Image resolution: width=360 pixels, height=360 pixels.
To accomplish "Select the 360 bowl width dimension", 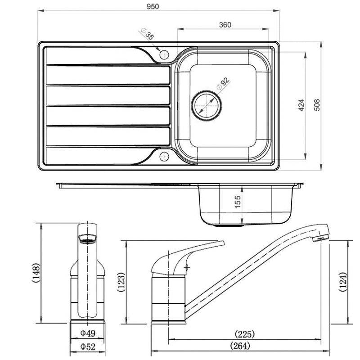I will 225,25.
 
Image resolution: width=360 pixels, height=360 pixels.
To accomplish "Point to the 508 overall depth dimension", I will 317,105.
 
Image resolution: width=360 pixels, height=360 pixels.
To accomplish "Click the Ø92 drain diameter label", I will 223,84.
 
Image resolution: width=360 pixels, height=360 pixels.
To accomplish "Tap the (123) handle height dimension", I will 121,282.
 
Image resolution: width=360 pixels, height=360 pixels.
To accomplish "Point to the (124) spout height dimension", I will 343,282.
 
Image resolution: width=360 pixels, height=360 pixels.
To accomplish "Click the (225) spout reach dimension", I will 245,334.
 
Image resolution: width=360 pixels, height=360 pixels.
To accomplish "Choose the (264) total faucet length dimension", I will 239,346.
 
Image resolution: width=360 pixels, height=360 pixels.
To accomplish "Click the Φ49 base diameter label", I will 87,333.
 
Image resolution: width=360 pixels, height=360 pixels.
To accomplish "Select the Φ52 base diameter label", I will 87,346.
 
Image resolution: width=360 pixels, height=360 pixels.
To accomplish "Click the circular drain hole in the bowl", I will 207,104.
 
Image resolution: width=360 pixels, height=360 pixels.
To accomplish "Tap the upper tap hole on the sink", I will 164,54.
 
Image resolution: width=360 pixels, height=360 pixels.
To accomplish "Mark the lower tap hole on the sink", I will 164,157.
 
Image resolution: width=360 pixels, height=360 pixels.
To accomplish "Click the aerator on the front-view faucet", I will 88,239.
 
